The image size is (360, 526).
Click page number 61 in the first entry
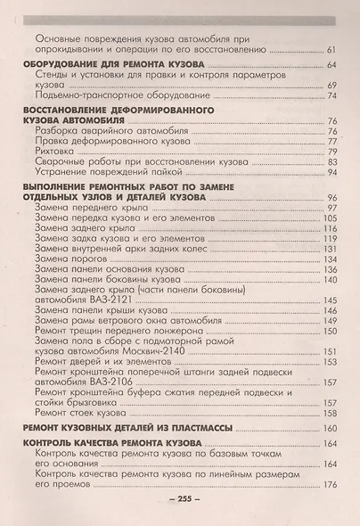[331, 49]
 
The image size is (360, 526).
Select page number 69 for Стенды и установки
[331, 85]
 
